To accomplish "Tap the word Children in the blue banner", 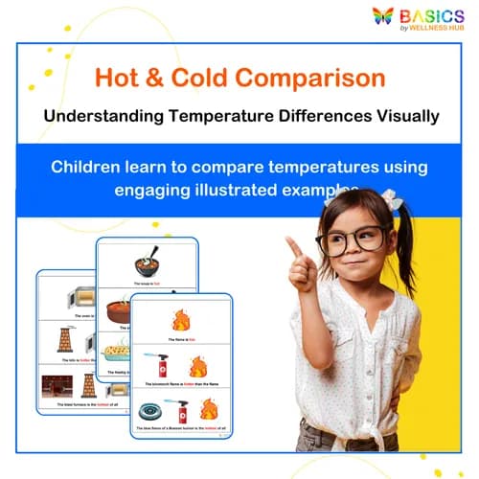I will pyautogui.click(x=87, y=167).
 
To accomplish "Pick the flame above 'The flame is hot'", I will pyautogui.click(x=180, y=318).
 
